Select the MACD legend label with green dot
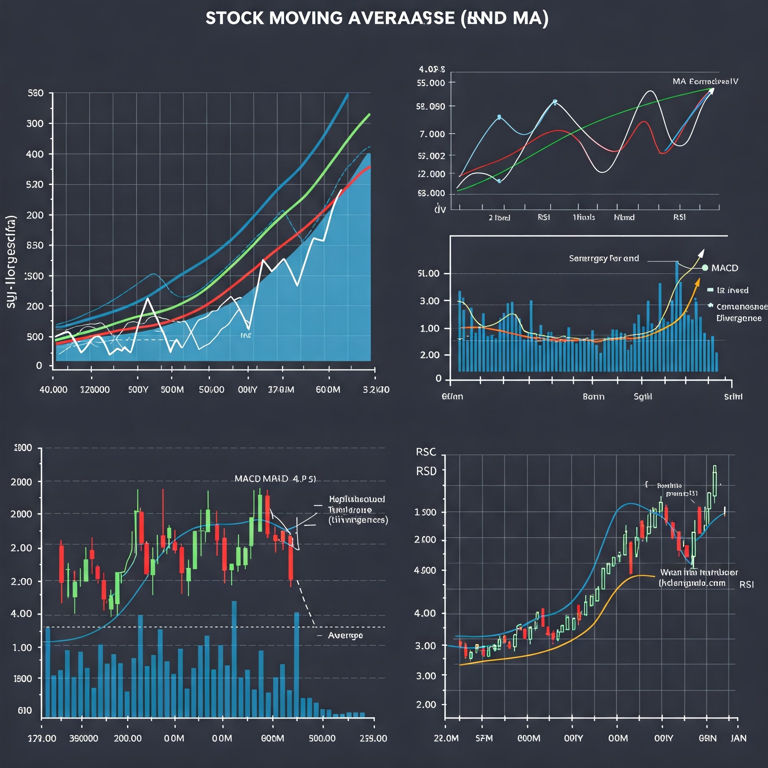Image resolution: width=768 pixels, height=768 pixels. pos(724,268)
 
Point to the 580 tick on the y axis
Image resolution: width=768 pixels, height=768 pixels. pos(35,93)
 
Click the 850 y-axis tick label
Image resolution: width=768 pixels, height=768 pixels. pos(35,245)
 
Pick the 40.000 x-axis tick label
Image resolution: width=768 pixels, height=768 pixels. pos(53,390)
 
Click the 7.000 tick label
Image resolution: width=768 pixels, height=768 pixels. pos(432,134)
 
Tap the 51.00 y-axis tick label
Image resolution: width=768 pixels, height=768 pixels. pos(429,273)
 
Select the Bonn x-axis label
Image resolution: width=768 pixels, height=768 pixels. pos(594,397)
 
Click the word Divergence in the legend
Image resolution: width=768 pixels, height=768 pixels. pos(739,318)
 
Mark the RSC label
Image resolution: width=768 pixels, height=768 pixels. pos(426,452)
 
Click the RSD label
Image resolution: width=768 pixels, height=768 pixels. pos(426,471)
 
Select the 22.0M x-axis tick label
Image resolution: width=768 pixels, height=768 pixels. pos(446,738)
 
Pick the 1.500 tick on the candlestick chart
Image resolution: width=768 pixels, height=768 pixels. pos(425,512)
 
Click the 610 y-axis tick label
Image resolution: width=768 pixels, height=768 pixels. pos(25,710)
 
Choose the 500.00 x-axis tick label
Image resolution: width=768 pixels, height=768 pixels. pos(322,738)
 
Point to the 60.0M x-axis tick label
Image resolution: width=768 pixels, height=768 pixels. pos(328,390)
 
